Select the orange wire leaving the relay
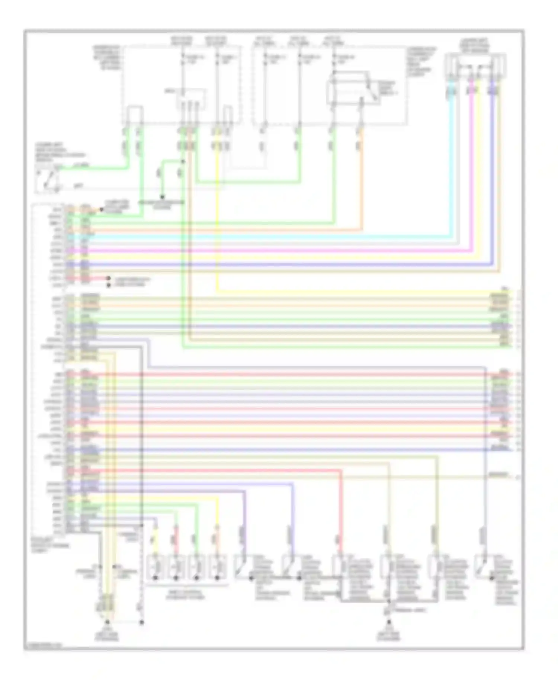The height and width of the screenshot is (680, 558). [x=360, y=167]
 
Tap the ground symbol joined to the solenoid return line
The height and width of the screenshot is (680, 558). [x=389, y=622]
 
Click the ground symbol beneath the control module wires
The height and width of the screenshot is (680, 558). [x=107, y=622]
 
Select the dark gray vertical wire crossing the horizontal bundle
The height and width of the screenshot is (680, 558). [x=142, y=428]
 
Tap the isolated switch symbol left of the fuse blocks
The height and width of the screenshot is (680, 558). [x=48, y=180]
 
